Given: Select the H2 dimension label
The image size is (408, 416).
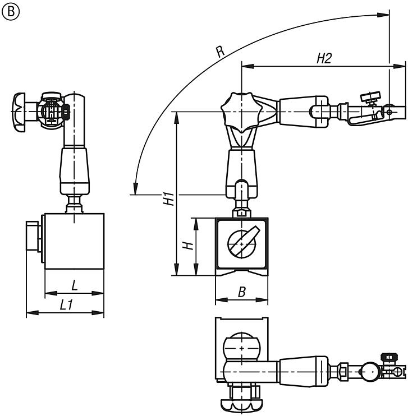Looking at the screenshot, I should click(324, 59).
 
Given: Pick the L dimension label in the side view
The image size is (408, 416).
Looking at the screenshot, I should click(75, 284).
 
